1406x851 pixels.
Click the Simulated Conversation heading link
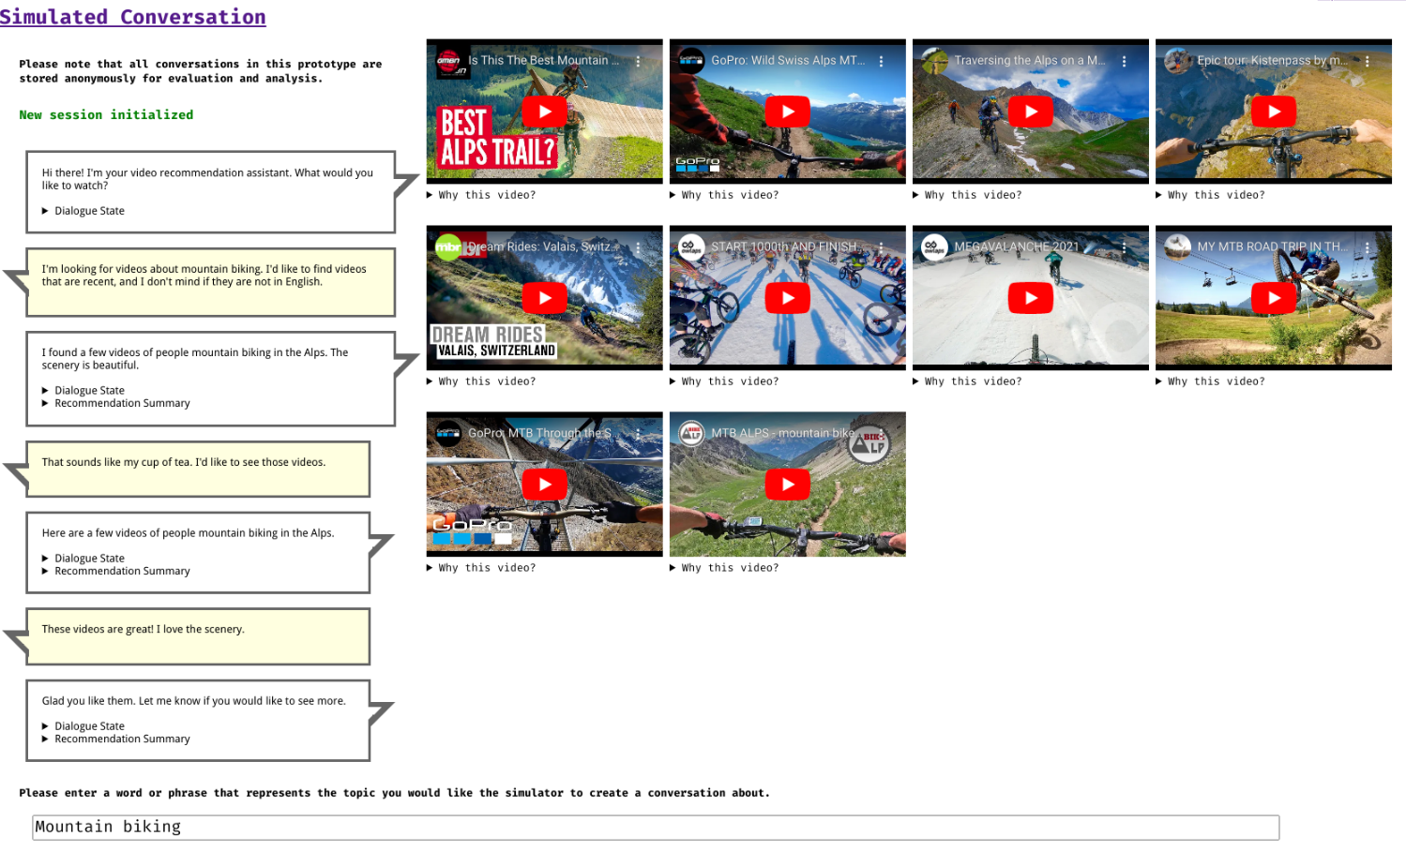(x=132, y=16)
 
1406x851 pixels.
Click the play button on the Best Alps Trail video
(x=544, y=112)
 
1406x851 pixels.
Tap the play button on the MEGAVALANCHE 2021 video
(x=1030, y=298)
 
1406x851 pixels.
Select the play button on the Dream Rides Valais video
(x=544, y=298)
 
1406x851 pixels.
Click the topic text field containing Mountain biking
(x=656, y=828)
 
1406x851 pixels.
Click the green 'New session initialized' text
(x=106, y=114)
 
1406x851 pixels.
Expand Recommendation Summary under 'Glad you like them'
(x=116, y=739)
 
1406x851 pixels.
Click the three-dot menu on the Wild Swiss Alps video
(x=882, y=61)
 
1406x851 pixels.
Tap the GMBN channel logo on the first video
(x=448, y=62)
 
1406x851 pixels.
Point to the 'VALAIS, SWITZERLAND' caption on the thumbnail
(x=496, y=350)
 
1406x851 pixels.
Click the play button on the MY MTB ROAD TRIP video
(x=1273, y=298)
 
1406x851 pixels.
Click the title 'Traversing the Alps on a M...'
(x=1029, y=60)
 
